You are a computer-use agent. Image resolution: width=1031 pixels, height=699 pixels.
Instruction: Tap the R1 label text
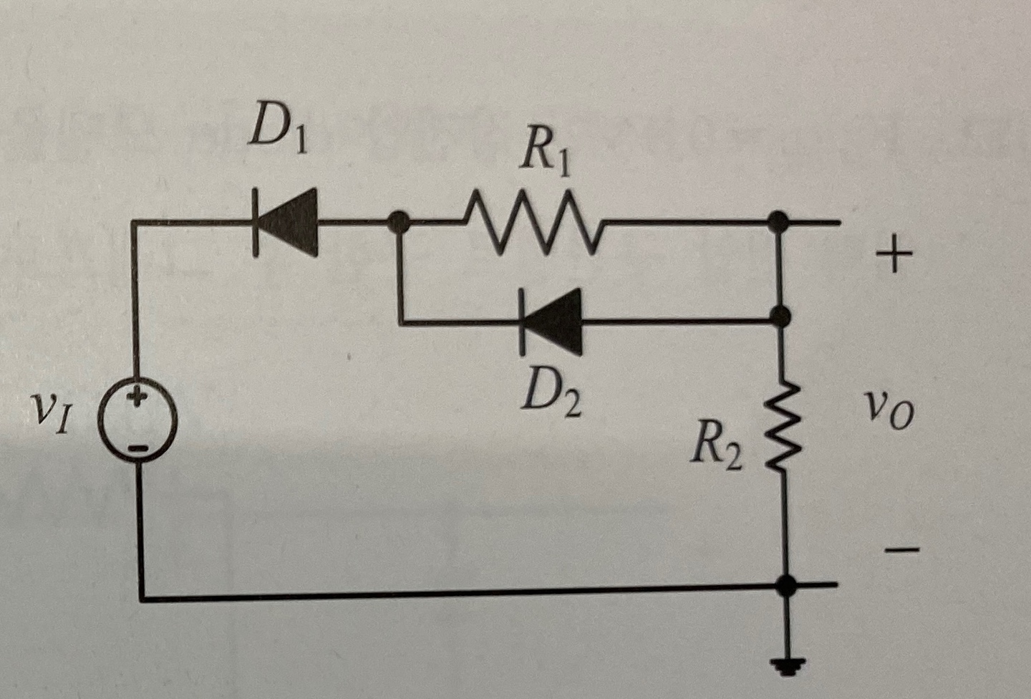coord(546,155)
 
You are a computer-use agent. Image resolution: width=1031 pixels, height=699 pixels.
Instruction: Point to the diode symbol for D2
coord(551,321)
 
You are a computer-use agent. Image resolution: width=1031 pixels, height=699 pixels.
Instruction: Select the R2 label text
coord(716,450)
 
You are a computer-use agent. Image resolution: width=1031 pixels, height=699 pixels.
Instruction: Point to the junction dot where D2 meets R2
coord(782,315)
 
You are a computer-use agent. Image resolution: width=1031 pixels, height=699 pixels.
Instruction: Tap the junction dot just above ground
coord(787,585)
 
